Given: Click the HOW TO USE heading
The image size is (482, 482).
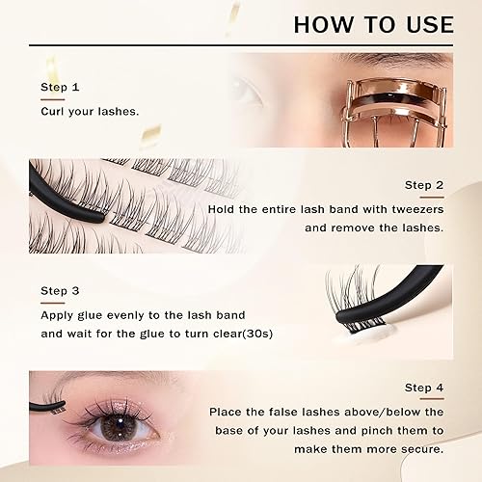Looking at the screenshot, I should point(373,23).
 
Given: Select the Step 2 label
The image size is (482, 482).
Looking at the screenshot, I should point(423,186).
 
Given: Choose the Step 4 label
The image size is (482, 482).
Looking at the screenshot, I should point(423,388).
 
